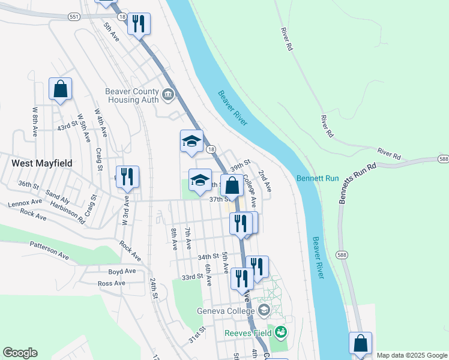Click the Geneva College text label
tap(226, 311)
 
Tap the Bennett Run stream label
tap(317, 179)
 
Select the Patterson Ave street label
tap(49, 250)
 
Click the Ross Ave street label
tap(111, 283)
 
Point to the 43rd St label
tap(67, 127)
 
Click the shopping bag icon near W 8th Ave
tap(60, 89)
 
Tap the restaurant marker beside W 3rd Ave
tap(127, 177)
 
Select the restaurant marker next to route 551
tap(139, 24)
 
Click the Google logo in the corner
tap(20, 353)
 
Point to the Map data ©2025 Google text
tap(412, 355)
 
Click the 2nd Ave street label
tap(264, 181)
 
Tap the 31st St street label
tap(197, 335)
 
